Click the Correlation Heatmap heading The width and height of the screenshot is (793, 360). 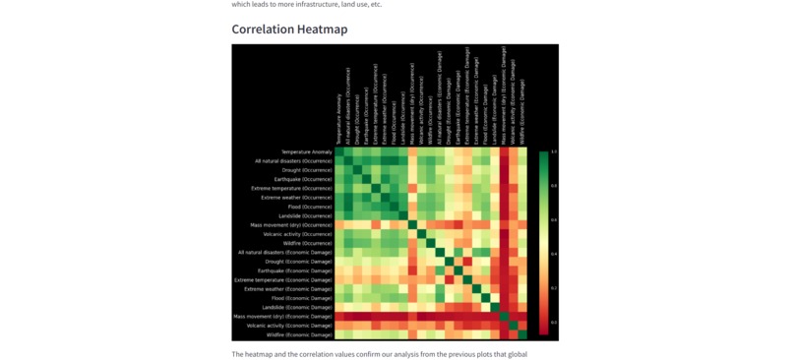tap(289, 30)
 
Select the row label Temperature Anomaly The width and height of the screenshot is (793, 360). tap(307, 151)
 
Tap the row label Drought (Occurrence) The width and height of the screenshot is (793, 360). tap(307, 170)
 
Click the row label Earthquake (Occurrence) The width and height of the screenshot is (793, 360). tap(304, 179)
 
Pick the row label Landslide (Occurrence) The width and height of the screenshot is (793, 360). tap(306, 216)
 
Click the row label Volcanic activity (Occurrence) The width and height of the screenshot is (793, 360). tap(298, 234)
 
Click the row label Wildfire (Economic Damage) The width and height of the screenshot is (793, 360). tap(299, 334)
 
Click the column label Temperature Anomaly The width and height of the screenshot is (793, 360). tap(339, 119)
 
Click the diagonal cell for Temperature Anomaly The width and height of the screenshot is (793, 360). tap(339, 152)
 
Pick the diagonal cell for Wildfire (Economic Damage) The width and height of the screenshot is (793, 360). tap(522, 334)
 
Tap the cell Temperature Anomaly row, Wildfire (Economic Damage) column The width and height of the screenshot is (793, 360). tap(522, 152)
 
